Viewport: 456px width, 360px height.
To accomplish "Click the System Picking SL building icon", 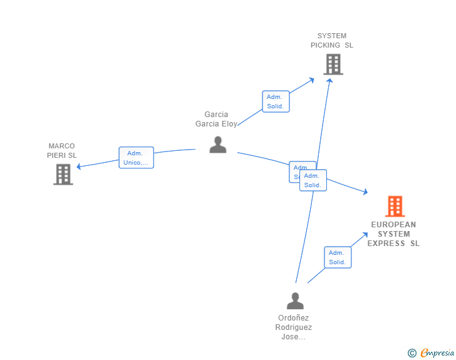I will coord(333,64).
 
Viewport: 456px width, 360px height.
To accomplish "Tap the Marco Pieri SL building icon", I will coord(63,174).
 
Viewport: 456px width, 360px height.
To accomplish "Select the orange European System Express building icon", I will coord(395,206).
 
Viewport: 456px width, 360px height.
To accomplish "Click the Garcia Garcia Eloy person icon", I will coord(217,145).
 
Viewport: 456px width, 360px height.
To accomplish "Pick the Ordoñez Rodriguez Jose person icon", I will coord(295,301).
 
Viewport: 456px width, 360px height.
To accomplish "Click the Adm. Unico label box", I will coord(136,158).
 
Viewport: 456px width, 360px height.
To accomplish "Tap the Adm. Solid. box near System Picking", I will coord(275,101).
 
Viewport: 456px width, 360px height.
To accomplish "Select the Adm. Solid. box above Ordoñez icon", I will coord(338,257).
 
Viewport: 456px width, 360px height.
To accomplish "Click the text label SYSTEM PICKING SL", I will coord(332,41).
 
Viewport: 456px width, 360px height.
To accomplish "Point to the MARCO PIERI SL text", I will coord(62,150).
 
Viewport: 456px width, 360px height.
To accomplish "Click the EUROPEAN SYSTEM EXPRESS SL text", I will coord(393,234).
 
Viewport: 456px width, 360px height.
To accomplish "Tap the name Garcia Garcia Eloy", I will coord(216,119).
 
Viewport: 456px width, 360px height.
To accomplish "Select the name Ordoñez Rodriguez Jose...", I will coord(293,327).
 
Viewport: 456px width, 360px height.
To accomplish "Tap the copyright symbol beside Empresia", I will coord(412,353).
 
